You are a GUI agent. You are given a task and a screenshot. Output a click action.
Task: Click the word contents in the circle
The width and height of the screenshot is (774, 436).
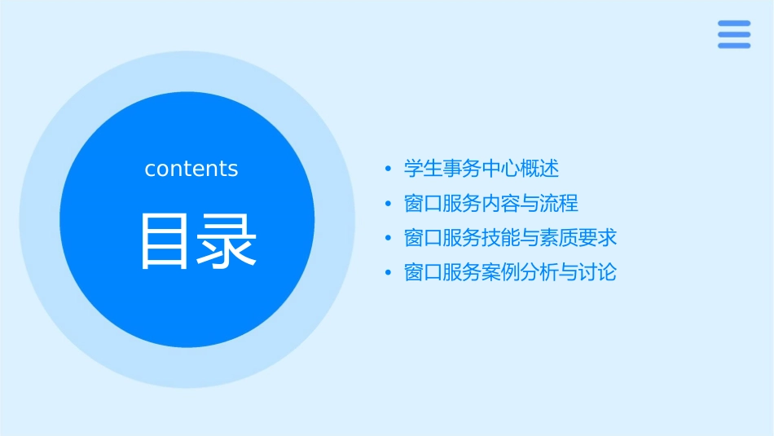191,169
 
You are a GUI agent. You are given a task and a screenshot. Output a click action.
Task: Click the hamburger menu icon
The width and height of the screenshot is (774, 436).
734,34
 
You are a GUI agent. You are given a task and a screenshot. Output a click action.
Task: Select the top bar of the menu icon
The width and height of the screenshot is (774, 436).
734,23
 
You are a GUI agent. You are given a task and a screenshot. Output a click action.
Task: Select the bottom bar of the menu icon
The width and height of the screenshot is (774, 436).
734,46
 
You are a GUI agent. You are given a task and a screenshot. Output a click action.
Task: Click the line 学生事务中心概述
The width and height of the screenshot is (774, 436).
482,169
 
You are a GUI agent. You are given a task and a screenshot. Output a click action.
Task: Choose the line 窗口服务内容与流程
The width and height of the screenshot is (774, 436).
491,203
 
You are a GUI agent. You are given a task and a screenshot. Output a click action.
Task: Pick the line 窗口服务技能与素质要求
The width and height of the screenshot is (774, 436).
511,237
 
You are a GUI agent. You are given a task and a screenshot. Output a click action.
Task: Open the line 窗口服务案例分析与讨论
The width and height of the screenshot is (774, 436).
511,271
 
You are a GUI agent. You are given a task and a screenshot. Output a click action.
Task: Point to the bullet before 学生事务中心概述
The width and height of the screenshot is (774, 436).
389,170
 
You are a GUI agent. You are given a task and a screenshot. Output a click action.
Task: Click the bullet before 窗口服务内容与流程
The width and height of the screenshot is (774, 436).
389,204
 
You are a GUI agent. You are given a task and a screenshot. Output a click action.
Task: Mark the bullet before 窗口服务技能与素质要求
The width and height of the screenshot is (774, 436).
389,238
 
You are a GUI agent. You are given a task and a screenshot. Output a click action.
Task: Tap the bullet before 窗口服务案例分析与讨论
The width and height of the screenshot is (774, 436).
389,272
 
